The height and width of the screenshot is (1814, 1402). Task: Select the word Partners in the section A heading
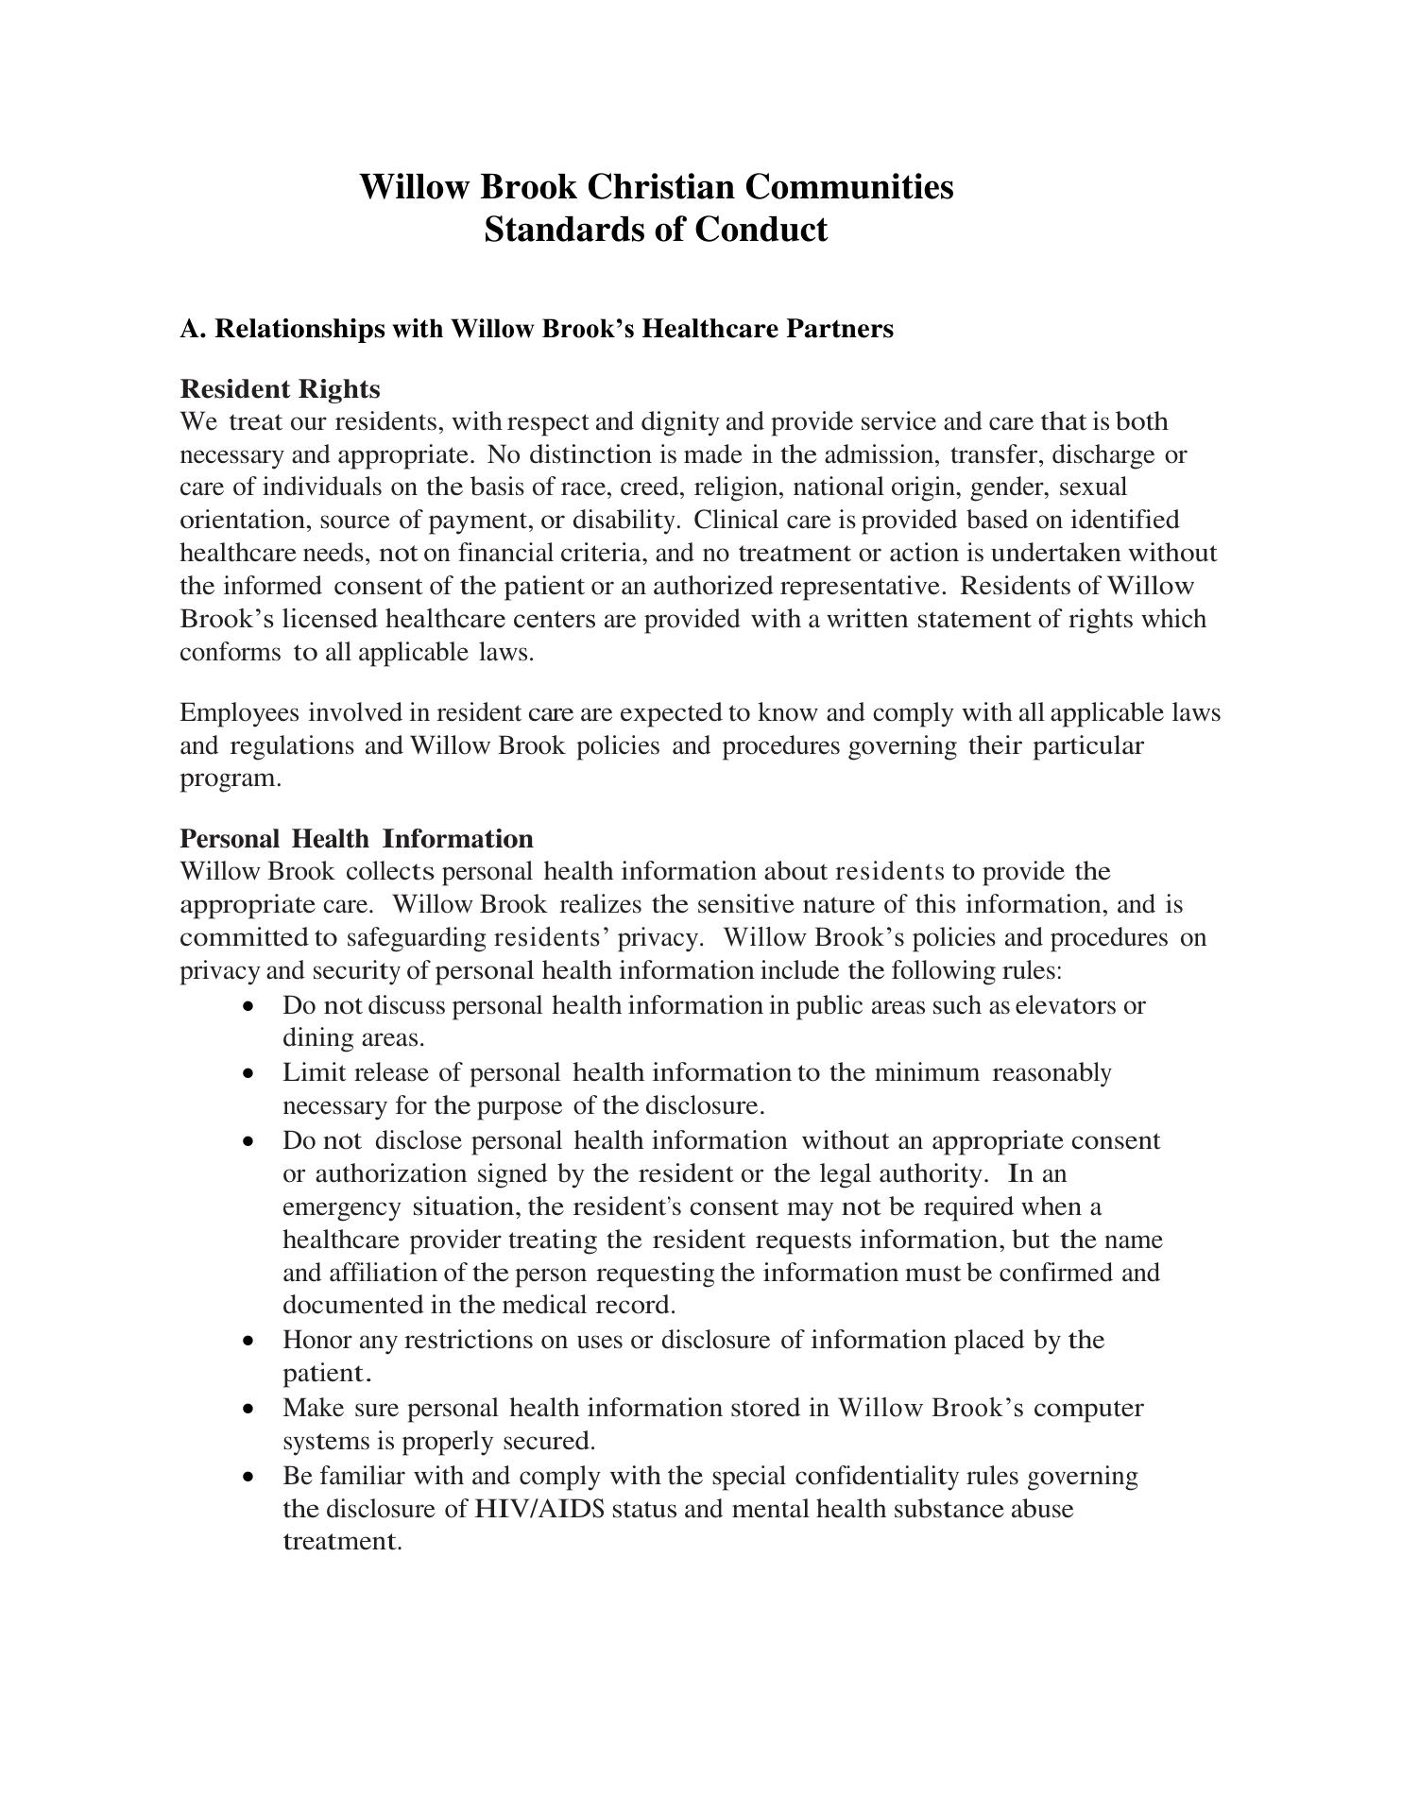[844, 329]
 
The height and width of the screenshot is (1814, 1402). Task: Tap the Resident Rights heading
[280, 389]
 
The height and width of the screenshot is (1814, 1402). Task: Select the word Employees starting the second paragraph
[240, 712]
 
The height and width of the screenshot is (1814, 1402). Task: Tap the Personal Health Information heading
[356, 839]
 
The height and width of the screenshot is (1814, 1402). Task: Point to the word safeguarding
[417, 938]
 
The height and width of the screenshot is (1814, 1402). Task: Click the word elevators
[1065, 1005]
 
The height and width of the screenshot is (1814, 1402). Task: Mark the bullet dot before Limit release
[248, 1074]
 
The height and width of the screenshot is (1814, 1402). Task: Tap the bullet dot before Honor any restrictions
[248, 1342]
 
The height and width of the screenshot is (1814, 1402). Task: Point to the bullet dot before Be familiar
[248, 1477]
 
